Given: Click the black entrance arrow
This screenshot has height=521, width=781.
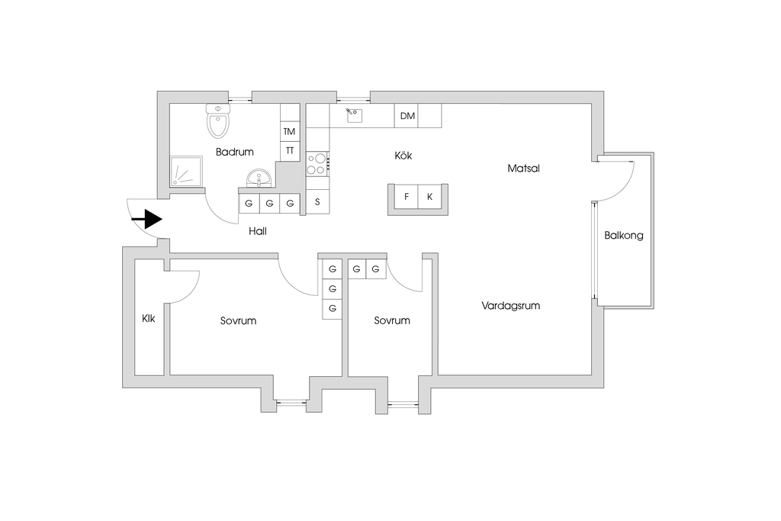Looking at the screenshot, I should click(147, 220).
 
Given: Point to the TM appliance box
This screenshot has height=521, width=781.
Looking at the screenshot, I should click(289, 131).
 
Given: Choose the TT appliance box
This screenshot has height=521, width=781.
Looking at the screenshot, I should click(289, 151).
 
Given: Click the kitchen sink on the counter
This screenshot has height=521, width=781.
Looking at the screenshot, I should click(353, 115).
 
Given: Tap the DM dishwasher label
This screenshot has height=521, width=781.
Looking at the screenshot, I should click(407, 116).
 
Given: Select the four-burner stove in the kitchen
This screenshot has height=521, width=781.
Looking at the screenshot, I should click(317, 163).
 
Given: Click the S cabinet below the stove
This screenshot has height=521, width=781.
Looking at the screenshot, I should click(317, 202).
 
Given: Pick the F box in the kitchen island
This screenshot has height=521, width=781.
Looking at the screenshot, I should click(407, 197).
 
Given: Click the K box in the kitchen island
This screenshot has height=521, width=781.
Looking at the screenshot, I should click(430, 197).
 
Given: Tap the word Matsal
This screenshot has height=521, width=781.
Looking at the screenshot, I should click(523, 169).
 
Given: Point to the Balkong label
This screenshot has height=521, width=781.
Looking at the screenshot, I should click(624, 236).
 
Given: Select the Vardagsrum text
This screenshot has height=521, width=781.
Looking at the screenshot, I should click(511, 305).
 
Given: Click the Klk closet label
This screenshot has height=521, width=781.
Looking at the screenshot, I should click(149, 319).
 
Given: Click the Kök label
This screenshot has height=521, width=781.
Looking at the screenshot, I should click(403, 156).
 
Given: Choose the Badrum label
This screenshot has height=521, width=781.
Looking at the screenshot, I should click(234, 152).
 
